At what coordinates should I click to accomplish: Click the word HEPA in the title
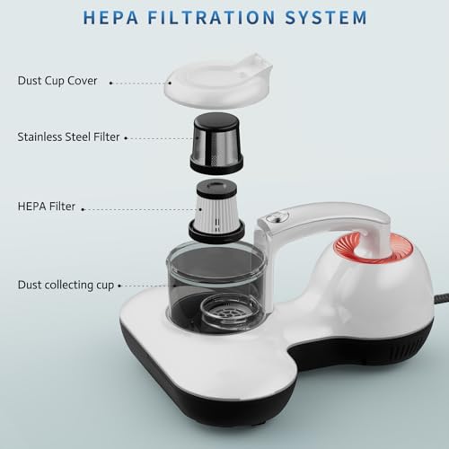click(112, 17)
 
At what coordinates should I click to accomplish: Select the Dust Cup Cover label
click(57, 81)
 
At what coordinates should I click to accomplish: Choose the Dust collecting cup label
click(66, 285)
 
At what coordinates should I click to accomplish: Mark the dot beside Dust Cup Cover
click(110, 82)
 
